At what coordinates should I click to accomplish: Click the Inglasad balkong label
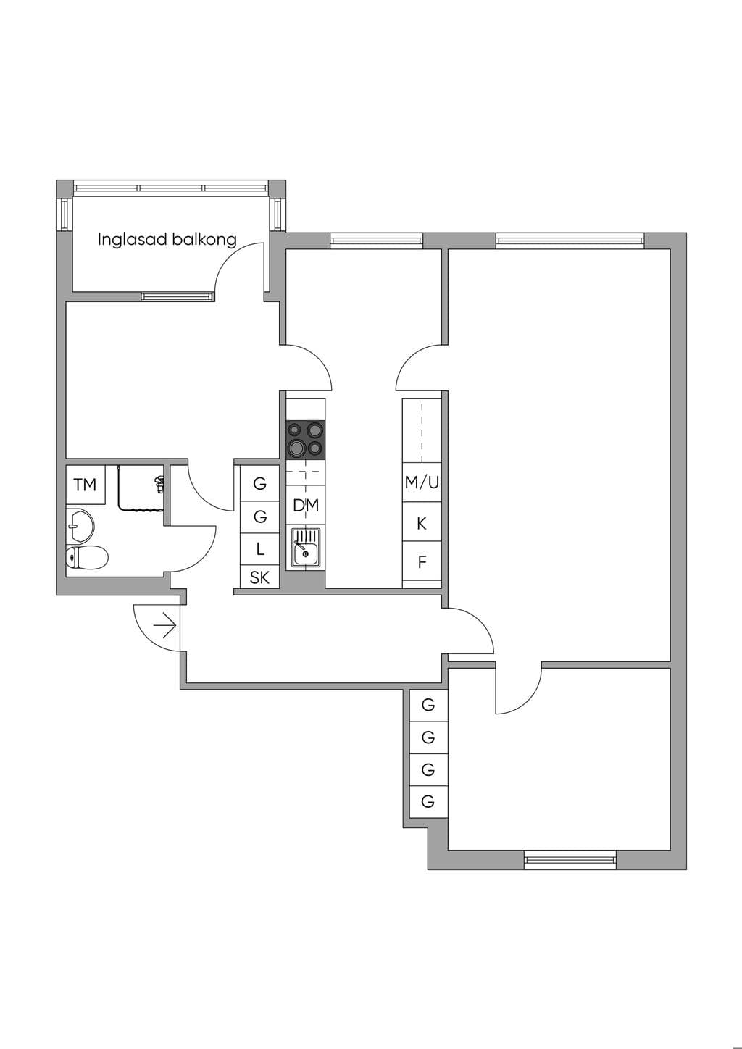pyautogui.click(x=167, y=240)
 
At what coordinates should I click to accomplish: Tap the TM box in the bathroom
pyautogui.click(x=86, y=485)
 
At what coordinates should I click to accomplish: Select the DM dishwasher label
pyautogui.click(x=305, y=505)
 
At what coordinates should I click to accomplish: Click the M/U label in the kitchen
pyautogui.click(x=422, y=482)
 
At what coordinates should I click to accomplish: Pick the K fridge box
pyautogui.click(x=422, y=522)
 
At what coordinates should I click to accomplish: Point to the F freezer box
pyautogui.click(x=422, y=561)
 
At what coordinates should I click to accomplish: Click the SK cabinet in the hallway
pyautogui.click(x=260, y=577)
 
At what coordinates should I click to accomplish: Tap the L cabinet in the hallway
pyautogui.click(x=260, y=549)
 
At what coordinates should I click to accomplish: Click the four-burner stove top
pyautogui.click(x=305, y=440)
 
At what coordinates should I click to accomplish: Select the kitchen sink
pyautogui.click(x=305, y=548)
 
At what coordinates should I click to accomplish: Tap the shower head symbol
pyautogui.click(x=159, y=483)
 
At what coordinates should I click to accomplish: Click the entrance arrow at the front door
pyautogui.click(x=164, y=625)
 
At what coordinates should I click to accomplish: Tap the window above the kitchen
pyautogui.click(x=377, y=241)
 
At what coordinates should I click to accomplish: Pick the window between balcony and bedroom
pyautogui.click(x=178, y=296)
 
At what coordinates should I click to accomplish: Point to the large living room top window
pyautogui.click(x=570, y=241)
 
